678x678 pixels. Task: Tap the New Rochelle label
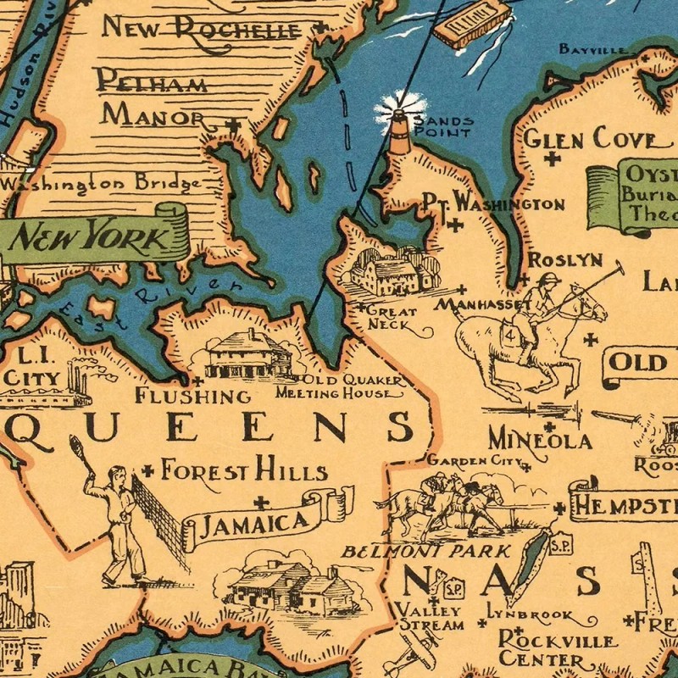pyautogui.click(x=201, y=29)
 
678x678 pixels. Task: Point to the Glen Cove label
pyautogui.click(x=591, y=138)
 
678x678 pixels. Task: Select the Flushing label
pyautogui.click(x=193, y=396)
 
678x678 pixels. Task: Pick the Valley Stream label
pyautogui.click(x=431, y=618)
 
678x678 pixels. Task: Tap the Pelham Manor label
pyautogui.click(x=153, y=98)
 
